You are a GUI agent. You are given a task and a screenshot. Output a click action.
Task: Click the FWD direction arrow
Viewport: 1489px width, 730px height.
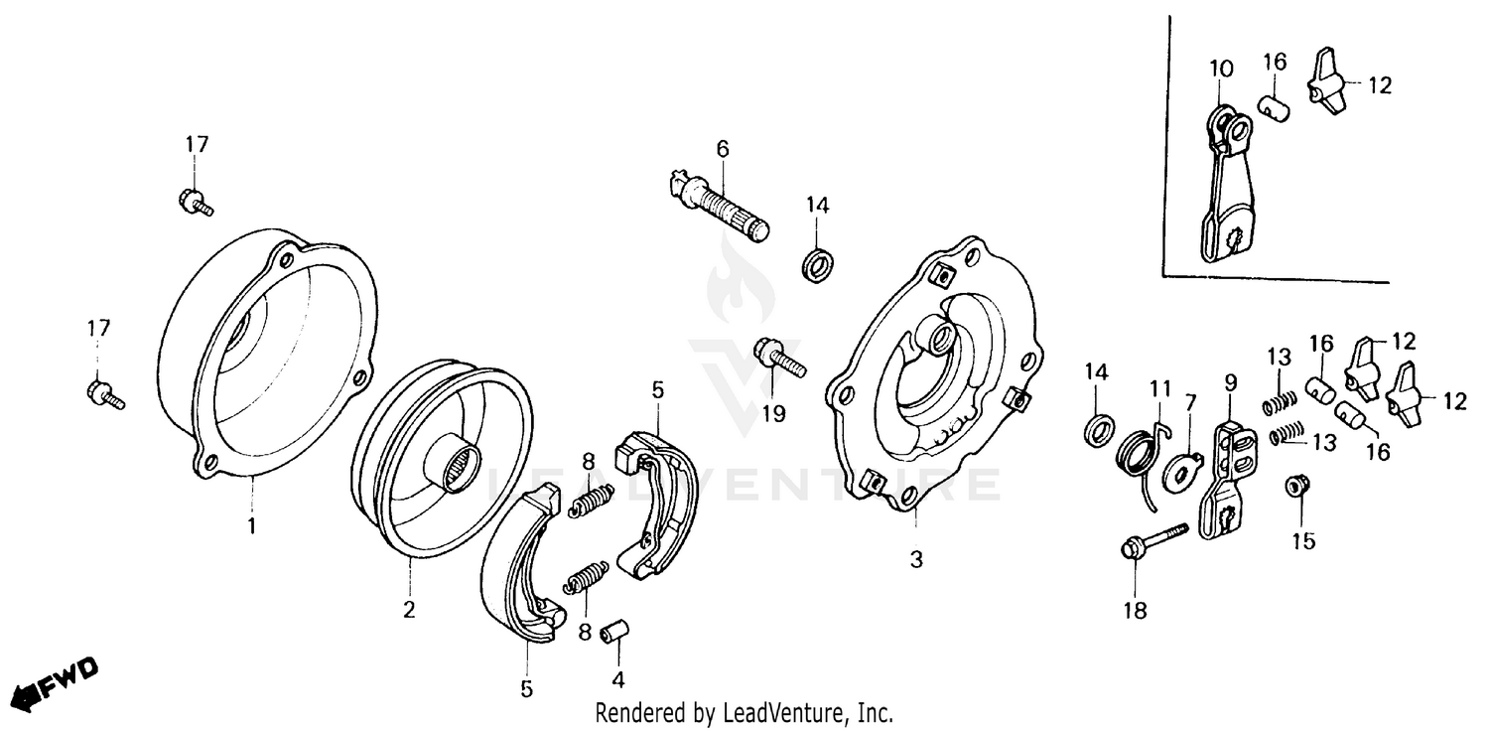pyautogui.click(x=55, y=682)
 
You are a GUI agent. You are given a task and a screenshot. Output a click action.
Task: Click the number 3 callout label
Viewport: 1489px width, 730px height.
pyautogui.click(x=916, y=560)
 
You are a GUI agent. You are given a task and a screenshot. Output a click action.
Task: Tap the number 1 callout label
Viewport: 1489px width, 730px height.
pyautogui.click(x=251, y=524)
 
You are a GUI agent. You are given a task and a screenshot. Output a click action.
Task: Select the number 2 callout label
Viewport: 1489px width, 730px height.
pyautogui.click(x=408, y=609)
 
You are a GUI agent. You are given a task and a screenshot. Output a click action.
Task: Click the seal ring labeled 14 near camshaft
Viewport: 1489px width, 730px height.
pyautogui.click(x=820, y=267)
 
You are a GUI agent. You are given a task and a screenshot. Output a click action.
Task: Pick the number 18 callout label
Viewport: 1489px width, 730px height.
pyautogui.click(x=1135, y=611)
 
